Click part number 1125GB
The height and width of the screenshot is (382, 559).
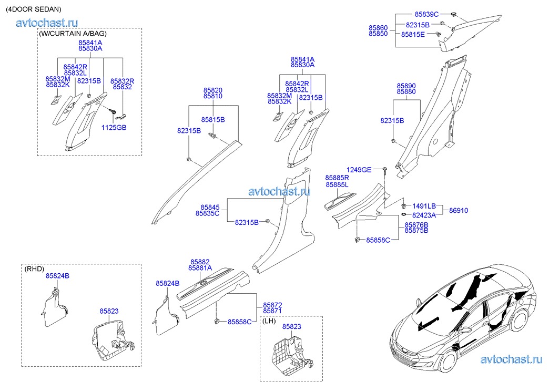coord(114,128)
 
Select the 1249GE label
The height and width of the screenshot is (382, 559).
coord(359,170)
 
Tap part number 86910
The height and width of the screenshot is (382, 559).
coord(459,211)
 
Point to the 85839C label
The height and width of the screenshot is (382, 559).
coord(426,15)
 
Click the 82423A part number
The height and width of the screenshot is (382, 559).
coord(424,215)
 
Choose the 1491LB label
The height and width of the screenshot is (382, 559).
coord(424,207)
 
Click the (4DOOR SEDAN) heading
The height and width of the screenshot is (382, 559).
coord(34,9)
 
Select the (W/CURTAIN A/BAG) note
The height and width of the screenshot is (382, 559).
coord(73,34)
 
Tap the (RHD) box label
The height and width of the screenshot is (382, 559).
coord(34,269)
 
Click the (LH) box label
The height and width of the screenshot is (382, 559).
coord(269,321)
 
